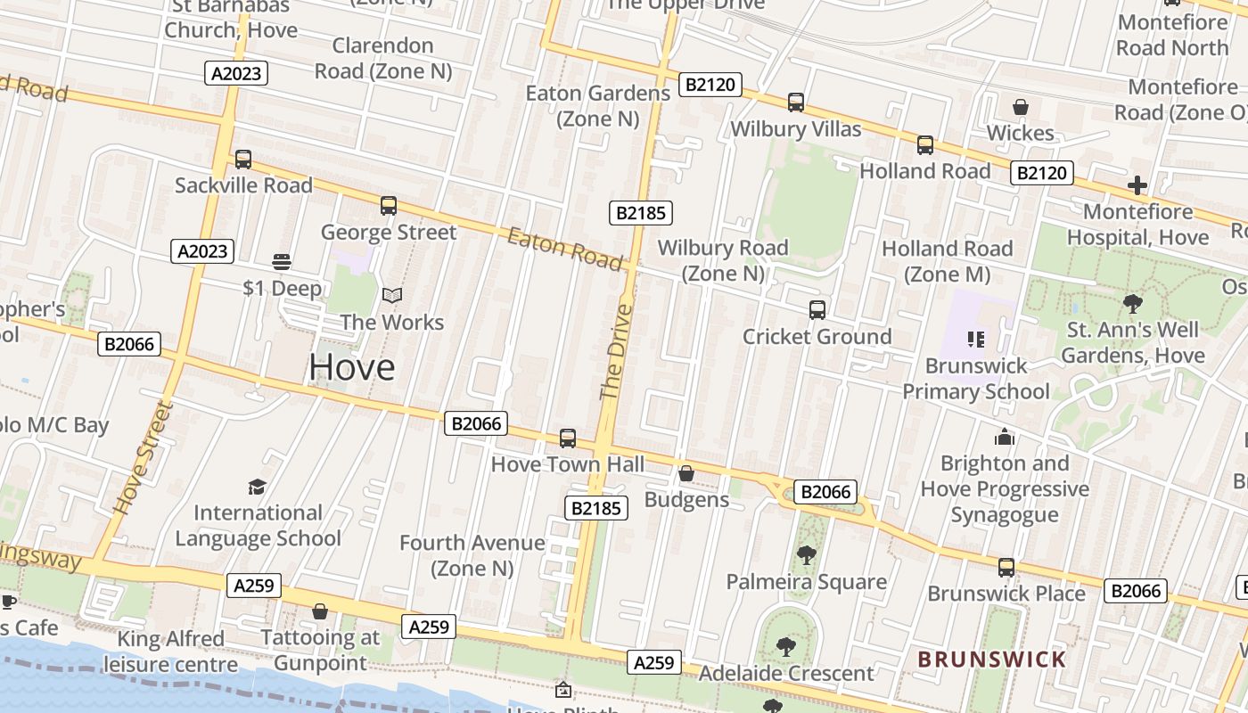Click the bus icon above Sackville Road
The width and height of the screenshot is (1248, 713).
[242, 160]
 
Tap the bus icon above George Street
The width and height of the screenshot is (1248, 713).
[389, 206]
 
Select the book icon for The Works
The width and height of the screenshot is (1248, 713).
[392, 295]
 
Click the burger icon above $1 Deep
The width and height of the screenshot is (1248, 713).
[282, 262]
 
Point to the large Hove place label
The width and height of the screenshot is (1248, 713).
[351, 367]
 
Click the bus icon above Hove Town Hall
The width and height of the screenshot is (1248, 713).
[568, 438]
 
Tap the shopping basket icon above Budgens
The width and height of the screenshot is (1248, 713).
[686, 473]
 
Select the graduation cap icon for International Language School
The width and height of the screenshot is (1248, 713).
[258, 487]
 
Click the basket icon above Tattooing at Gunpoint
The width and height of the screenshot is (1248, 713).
[320, 611]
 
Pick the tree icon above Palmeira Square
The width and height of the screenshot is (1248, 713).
[806, 555]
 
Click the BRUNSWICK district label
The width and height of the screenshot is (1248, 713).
[991, 660]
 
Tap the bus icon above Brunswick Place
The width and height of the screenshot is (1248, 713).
[1006, 568]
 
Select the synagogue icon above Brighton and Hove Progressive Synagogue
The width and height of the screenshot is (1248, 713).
[1005, 437]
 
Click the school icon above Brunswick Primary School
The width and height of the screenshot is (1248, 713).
[975, 339]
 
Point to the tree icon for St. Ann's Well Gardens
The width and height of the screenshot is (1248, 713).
[1133, 304]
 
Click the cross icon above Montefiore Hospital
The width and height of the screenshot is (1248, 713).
[1137, 185]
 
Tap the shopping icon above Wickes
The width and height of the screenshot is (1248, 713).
[1021, 107]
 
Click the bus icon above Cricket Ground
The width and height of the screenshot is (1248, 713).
[817, 310]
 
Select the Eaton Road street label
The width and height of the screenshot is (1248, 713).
[564, 249]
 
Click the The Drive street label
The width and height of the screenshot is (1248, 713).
[616, 352]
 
